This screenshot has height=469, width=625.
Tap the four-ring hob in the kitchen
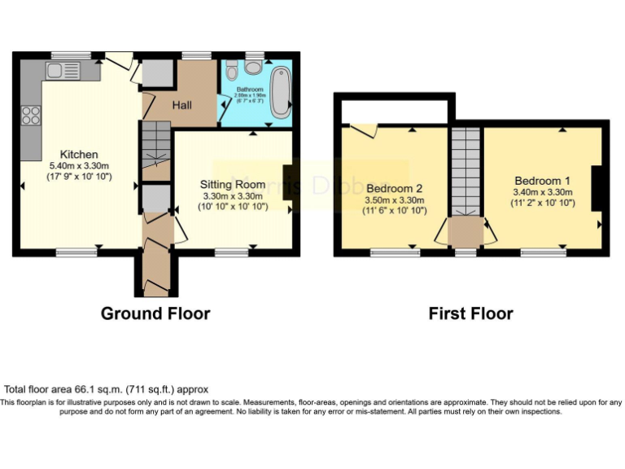coord(32,116)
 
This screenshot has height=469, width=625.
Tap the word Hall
coord(183,105)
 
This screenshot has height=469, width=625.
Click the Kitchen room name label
coord(79,154)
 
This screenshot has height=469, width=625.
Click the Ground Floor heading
coord(155,313)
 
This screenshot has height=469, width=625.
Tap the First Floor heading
coord(471,313)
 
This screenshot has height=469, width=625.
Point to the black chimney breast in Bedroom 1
coord(597,189)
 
